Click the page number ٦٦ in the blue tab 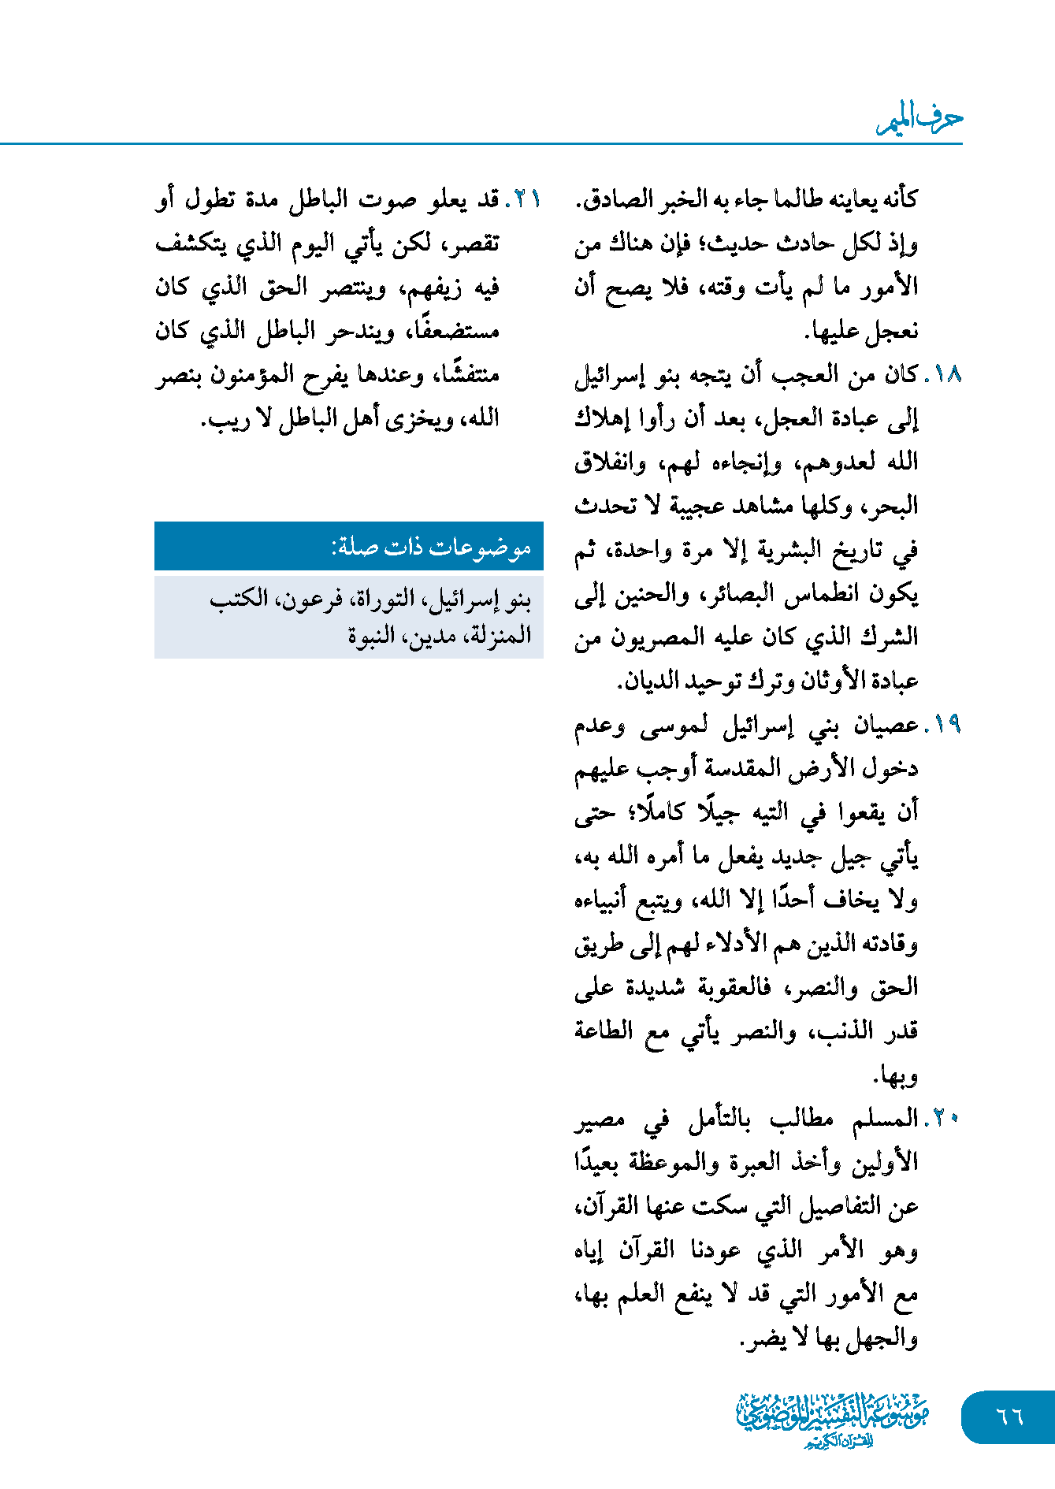[1009, 1416]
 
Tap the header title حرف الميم [920, 120]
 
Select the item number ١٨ [943, 374]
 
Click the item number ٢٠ [943, 1118]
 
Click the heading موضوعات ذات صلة [432, 547]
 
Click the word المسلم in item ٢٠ [886, 1118]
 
